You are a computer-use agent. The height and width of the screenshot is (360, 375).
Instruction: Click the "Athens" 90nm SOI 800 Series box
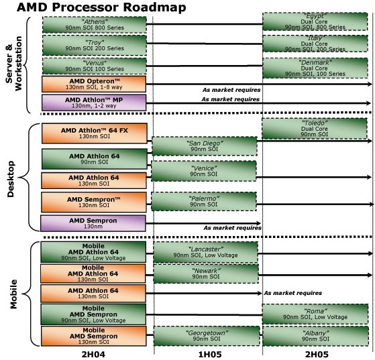pyautogui.click(x=95, y=25)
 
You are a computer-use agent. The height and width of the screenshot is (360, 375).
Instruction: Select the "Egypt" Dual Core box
pyautogui.click(x=315, y=21)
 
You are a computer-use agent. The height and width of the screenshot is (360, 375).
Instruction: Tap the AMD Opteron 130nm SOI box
pyautogui.click(x=94, y=84)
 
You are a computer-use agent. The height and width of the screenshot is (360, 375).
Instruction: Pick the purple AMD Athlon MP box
pyautogui.click(x=94, y=103)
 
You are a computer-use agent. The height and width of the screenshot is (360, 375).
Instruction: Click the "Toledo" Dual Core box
pyautogui.click(x=315, y=129)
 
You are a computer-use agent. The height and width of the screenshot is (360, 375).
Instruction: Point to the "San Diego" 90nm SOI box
pyautogui.click(x=205, y=146)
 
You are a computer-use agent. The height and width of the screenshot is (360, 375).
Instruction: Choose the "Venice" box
pyautogui.click(x=204, y=171)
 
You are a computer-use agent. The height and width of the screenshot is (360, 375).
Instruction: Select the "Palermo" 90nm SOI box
pyautogui.click(x=204, y=201)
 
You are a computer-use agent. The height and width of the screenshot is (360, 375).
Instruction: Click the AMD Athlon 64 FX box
pyautogui.click(x=94, y=133)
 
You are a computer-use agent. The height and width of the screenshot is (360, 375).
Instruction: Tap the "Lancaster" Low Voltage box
pyautogui.click(x=205, y=252)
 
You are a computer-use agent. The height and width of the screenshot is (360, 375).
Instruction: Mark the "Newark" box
pyautogui.click(x=206, y=274)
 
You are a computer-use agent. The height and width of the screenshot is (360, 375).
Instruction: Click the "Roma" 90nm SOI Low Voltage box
pyautogui.click(x=315, y=314)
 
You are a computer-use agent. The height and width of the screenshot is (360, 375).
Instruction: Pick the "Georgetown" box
pyautogui.click(x=207, y=336)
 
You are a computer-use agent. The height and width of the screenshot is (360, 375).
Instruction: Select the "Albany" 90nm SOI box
pyautogui.click(x=315, y=336)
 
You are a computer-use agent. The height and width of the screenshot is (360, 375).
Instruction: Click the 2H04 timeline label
pyautogui.click(x=93, y=354)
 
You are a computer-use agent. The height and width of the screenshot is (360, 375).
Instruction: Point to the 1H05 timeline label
pyautogui.click(x=210, y=354)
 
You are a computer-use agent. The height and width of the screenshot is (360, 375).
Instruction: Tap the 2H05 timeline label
pyautogui.click(x=317, y=354)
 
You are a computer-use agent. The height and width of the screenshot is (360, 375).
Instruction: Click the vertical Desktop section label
pyautogui.click(x=11, y=179)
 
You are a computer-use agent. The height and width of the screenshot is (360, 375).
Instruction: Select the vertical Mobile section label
pyautogui.click(x=13, y=294)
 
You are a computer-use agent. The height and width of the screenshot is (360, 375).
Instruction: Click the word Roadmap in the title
pyautogui.click(x=154, y=7)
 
